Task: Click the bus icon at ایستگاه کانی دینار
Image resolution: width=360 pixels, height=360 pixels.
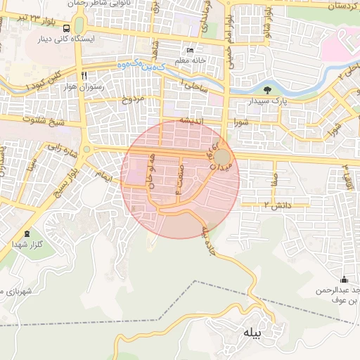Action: [x=66, y=29]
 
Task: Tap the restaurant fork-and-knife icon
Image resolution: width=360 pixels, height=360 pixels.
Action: [x=84, y=75]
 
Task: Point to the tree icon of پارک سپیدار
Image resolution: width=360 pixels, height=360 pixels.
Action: [x=268, y=89]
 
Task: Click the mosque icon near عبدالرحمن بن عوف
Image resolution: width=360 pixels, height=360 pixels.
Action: [x=343, y=280]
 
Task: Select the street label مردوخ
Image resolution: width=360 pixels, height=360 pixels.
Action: [x=134, y=98]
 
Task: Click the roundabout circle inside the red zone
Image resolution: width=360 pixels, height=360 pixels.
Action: [x=221, y=157]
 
